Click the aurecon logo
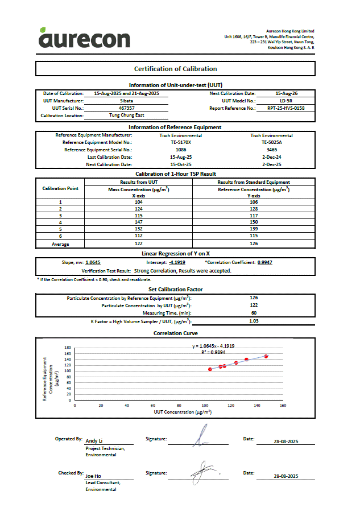(84, 38)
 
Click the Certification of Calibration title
(175, 69)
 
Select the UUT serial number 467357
(126, 108)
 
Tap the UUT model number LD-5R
(286, 100)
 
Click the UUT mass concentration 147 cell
(139, 222)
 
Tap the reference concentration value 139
(254, 229)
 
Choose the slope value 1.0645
(93, 263)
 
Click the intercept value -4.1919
(177, 263)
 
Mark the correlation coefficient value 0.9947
(264, 263)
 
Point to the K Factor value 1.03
(254, 321)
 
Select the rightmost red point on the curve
(266, 356)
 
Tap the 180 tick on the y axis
(68, 348)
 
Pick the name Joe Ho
(93, 476)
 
